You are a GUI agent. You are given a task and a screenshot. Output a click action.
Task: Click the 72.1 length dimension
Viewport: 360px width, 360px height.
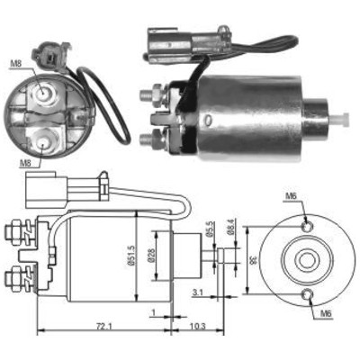pos(103,326)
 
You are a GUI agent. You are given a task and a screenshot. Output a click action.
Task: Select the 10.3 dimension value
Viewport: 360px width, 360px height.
pos(198,326)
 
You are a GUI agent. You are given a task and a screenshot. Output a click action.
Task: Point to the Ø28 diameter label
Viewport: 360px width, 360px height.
pos(151,256)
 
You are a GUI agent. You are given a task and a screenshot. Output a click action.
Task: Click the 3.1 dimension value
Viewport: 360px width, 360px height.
pos(198,292)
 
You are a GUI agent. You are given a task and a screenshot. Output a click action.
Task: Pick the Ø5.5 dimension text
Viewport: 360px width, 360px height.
pos(210,229)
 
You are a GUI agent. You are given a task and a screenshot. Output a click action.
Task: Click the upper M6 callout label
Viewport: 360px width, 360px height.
pos(291,196)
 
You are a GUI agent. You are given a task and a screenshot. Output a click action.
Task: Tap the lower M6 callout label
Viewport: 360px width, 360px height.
pos(326,314)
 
